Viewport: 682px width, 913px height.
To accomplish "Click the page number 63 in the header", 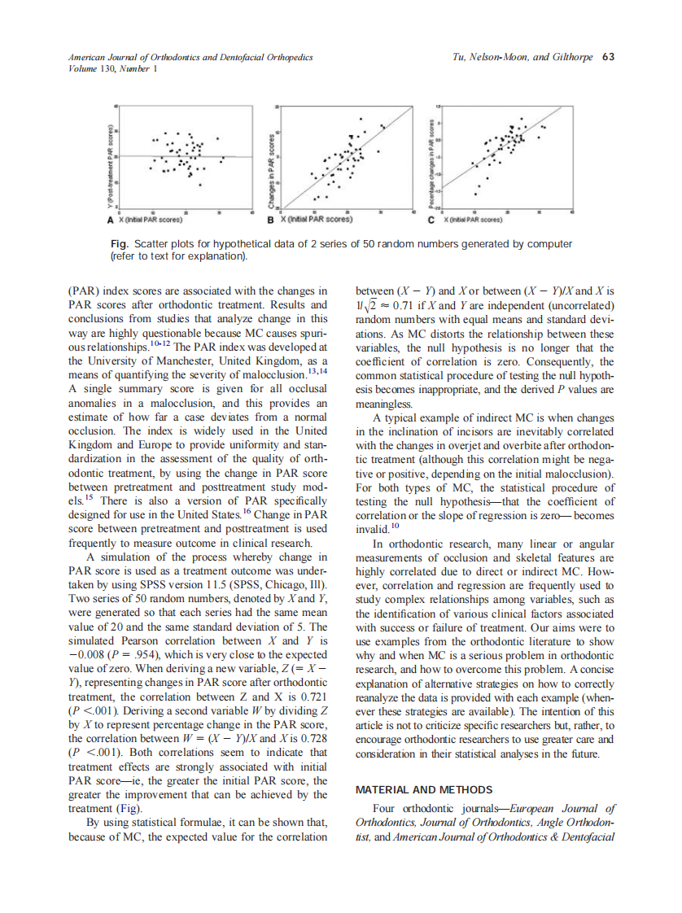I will pos(608,57).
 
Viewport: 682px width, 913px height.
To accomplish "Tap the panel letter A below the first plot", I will pos(111,220).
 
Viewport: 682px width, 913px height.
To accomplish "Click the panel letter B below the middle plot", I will pos(273,220).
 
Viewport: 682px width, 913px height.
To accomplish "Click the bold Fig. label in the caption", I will pos(120,244).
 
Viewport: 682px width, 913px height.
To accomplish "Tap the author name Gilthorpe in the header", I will pos(571,57).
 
